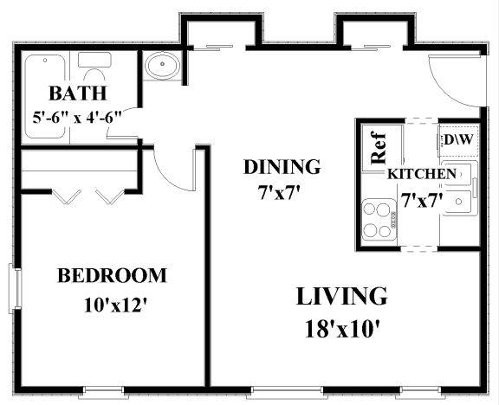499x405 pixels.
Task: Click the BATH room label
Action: [78, 93]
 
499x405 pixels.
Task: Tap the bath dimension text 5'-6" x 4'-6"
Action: [77, 118]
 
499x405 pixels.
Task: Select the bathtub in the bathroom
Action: [45, 97]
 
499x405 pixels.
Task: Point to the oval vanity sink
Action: [162, 65]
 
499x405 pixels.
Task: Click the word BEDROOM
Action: [112, 275]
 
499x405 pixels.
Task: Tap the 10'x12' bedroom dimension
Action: [115, 305]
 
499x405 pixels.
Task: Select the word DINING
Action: [282, 167]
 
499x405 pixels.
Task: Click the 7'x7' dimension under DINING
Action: [280, 193]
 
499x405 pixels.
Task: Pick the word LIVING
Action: [342, 296]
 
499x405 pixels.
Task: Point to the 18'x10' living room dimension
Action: [343, 329]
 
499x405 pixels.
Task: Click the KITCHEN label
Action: [422, 174]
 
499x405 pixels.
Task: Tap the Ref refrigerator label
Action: [379, 148]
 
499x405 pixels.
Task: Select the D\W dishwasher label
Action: [458, 139]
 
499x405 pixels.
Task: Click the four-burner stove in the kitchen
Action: [379, 219]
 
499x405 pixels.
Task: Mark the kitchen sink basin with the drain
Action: [458, 202]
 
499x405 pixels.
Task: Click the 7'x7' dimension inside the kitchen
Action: [422, 201]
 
